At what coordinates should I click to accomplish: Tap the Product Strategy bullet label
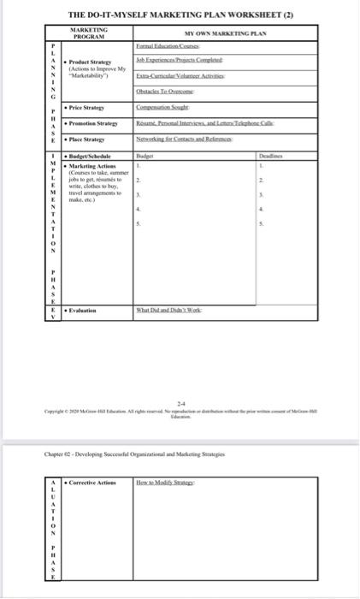click(x=90, y=62)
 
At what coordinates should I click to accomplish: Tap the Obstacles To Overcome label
click(x=162, y=92)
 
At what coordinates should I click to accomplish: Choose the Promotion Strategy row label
click(x=92, y=124)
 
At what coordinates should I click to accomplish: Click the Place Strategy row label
click(x=86, y=139)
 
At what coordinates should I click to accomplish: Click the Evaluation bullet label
click(x=85, y=311)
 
